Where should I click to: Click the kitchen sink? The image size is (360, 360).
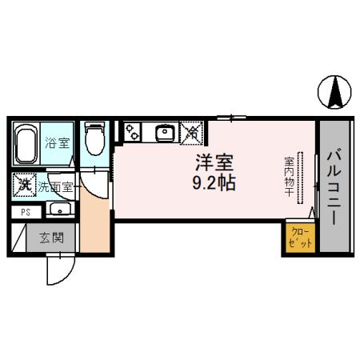tap(166, 132)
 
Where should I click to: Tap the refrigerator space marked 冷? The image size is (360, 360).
tap(192, 130)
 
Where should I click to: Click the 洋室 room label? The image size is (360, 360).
tap(215, 162)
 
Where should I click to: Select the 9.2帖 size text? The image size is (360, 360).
tap(215, 183)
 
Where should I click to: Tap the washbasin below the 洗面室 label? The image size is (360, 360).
tap(58, 210)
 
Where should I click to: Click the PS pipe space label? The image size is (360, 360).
tap(26, 212)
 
